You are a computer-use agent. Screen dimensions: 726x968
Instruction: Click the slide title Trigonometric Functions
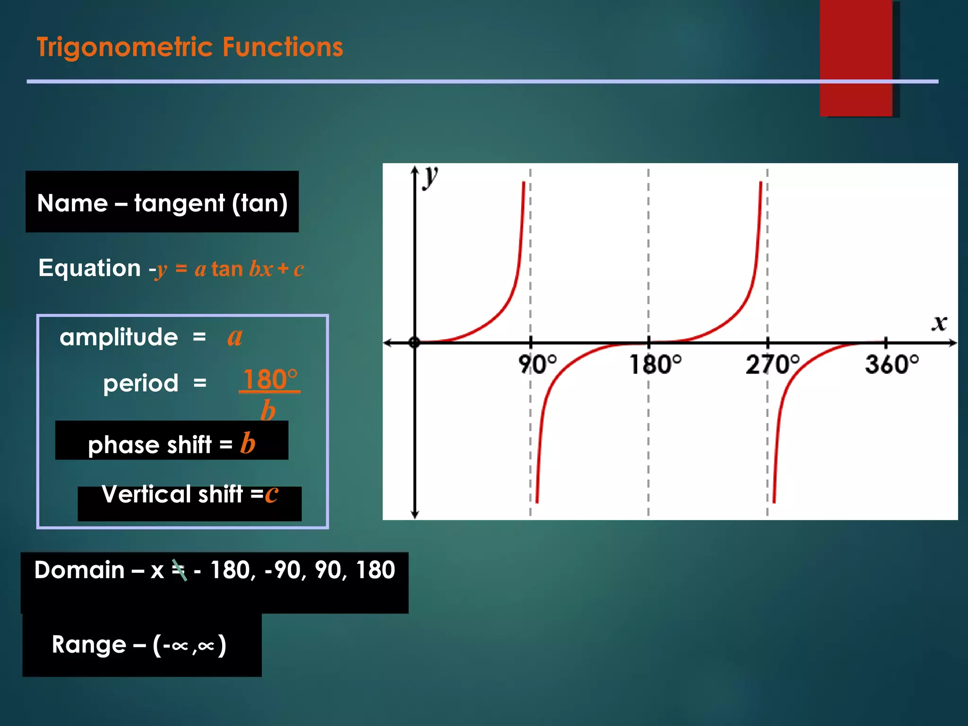(190, 47)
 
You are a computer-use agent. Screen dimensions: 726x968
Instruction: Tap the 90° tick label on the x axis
(537, 364)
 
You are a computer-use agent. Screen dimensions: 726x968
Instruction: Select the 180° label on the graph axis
(655, 364)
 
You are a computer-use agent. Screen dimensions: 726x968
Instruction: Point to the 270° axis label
(772, 364)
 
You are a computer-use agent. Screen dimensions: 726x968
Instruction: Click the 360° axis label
(892, 364)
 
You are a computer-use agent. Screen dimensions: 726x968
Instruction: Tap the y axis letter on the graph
(431, 177)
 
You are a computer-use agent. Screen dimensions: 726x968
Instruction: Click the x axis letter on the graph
(940, 323)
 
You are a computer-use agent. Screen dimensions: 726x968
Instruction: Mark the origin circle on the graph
(415, 342)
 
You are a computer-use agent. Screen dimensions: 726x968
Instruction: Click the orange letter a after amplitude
(235, 337)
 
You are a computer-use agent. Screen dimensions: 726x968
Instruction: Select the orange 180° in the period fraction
(270, 380)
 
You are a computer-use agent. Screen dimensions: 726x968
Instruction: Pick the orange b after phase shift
(248, 443)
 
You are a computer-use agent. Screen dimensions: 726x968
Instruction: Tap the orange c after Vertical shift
(271, 494)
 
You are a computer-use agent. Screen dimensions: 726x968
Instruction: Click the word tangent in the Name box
(180, 203)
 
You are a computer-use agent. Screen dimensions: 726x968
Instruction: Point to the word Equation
(90, 268)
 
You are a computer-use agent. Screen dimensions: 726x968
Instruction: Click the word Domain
(79, 570)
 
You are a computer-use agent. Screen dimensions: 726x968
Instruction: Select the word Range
(89, 644)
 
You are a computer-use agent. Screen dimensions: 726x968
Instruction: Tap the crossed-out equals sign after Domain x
(179, 570)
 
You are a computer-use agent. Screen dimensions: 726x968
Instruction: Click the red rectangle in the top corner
(856, 58)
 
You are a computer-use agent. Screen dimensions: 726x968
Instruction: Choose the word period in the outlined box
(141, 383)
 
